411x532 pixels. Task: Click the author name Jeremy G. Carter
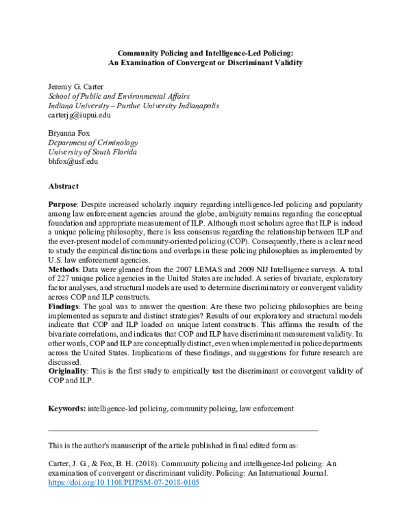click(75, 86)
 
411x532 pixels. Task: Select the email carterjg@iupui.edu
click(79, 115)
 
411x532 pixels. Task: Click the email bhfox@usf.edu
click(73, 162)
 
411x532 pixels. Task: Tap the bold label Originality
click(68, 371)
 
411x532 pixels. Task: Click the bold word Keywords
click(66, 409)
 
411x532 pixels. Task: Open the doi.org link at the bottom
click(123, 482)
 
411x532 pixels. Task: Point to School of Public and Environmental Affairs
click(119, 96)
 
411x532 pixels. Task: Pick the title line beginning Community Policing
click(206, 51)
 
